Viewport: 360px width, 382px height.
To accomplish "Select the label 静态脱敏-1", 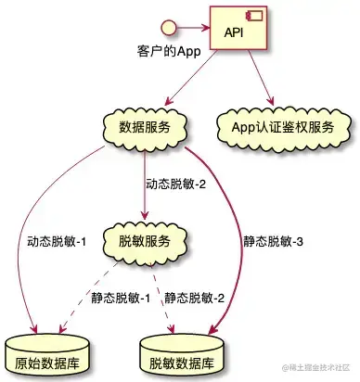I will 121,298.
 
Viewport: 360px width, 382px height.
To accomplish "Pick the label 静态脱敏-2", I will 195,298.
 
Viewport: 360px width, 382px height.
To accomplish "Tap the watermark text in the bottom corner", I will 315,368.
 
